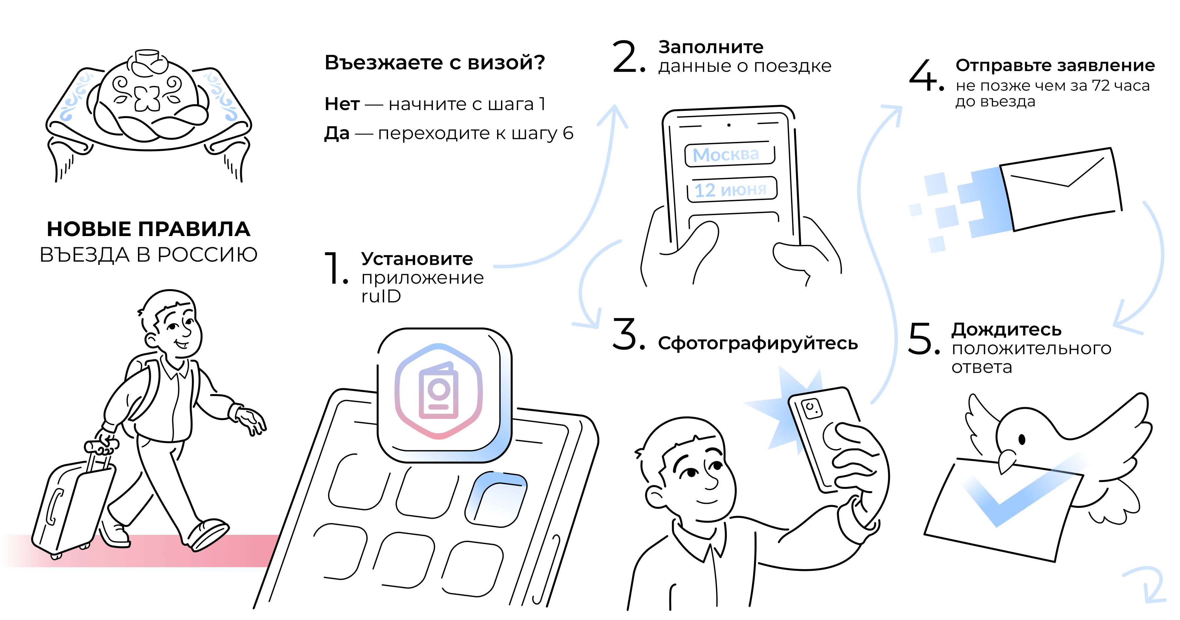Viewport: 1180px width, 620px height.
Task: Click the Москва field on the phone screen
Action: (729, 154)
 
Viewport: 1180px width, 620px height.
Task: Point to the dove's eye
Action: (1021, 439)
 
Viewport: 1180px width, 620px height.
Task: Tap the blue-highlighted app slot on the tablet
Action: (496, 499)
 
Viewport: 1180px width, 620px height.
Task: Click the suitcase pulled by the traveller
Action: (73, 504)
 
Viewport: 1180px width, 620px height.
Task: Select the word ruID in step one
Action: (381, 296)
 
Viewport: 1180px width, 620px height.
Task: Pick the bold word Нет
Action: (342, 104)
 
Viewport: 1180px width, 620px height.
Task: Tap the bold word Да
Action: (337, 133)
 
